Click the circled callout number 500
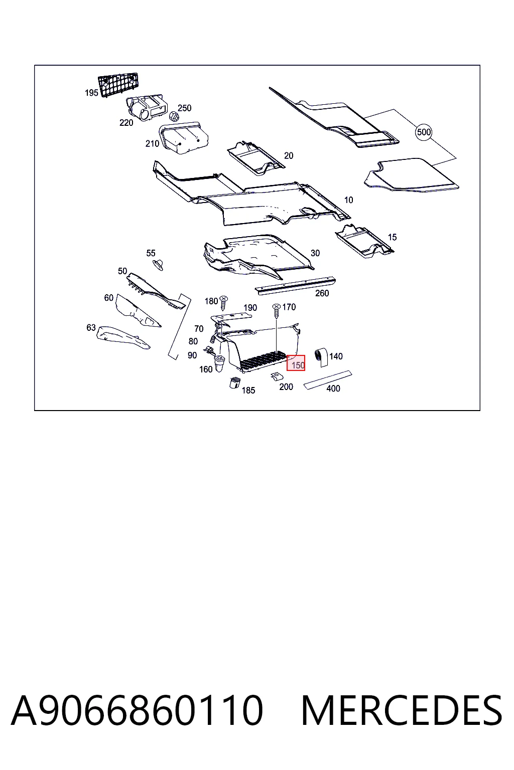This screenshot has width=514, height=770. [x=424, y=132]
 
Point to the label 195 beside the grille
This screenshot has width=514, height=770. [x=91, y=93]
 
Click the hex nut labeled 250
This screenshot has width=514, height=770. [x=174, y=116]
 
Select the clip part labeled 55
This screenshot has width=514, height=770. [x=158, y=265]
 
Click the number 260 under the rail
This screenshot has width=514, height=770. [x=322, y=293]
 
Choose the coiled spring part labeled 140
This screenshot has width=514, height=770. [x=321, y=357]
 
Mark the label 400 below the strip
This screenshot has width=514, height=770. [x=333, y=389]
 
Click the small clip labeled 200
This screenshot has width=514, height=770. [x=277, y=376]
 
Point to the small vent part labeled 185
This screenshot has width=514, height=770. [x=234, y=382]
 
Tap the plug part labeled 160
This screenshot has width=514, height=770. [x=219, y=363]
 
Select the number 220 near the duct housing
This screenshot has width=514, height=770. [x=126, y=123]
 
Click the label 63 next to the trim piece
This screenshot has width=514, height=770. [x=91, y=327]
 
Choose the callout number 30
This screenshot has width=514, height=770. [x=315, y=253]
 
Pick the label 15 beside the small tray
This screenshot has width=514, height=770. [x=392, y=237]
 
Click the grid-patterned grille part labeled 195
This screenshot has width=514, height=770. [x=118, y=84]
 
